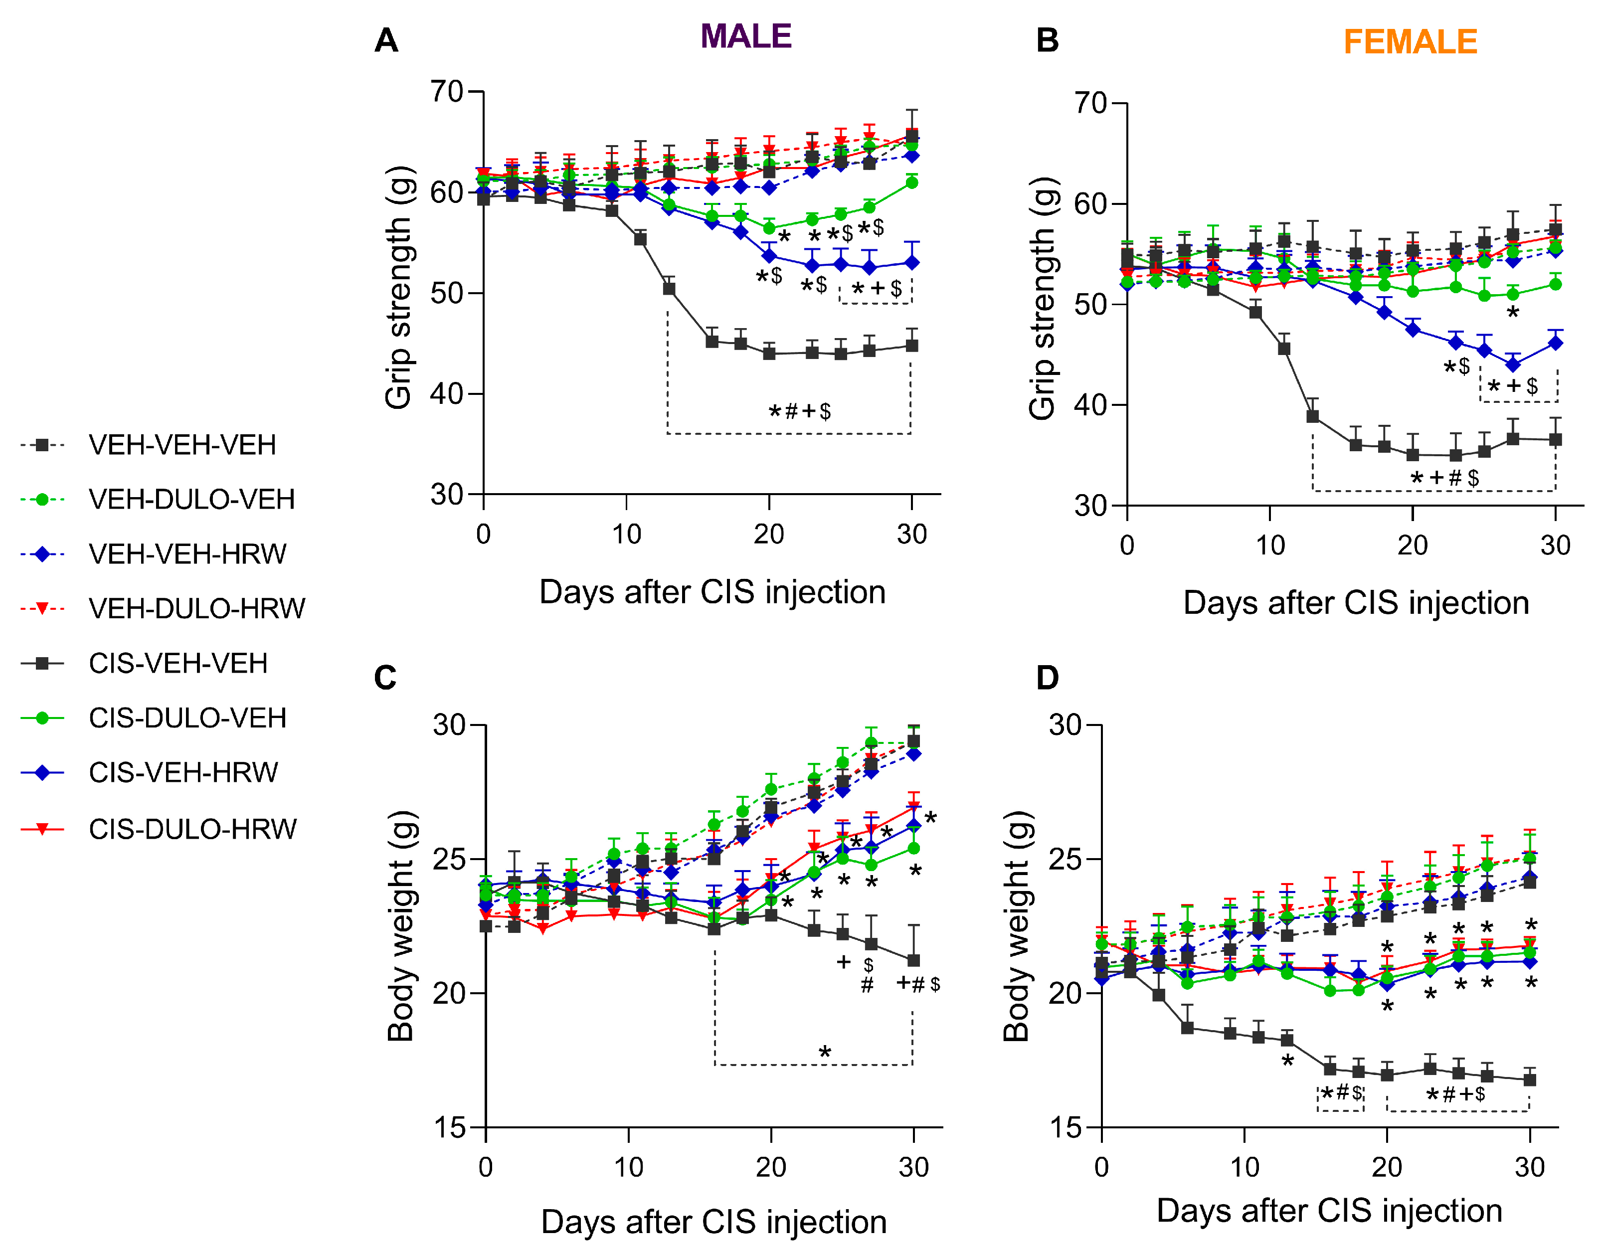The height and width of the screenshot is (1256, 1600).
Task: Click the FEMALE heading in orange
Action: [x=1410, y=42]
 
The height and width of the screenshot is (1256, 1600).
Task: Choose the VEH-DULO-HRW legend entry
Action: [x=196, y=608]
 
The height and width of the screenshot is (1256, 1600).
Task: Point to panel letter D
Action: [x=1047, y=677]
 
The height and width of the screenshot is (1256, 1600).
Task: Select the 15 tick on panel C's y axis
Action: [x=449, y=1127]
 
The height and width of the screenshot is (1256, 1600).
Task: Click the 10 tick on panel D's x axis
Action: [x=1244, y=1167]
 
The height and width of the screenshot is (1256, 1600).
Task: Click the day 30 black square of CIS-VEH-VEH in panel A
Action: [x=912, y=346]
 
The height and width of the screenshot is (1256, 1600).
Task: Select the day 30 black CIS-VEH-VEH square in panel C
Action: [x=913, y=960]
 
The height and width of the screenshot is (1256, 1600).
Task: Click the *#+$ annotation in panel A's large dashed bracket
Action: [x=799, y=411]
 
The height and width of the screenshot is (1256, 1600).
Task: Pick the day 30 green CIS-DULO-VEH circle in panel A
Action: [x=912, y=182]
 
